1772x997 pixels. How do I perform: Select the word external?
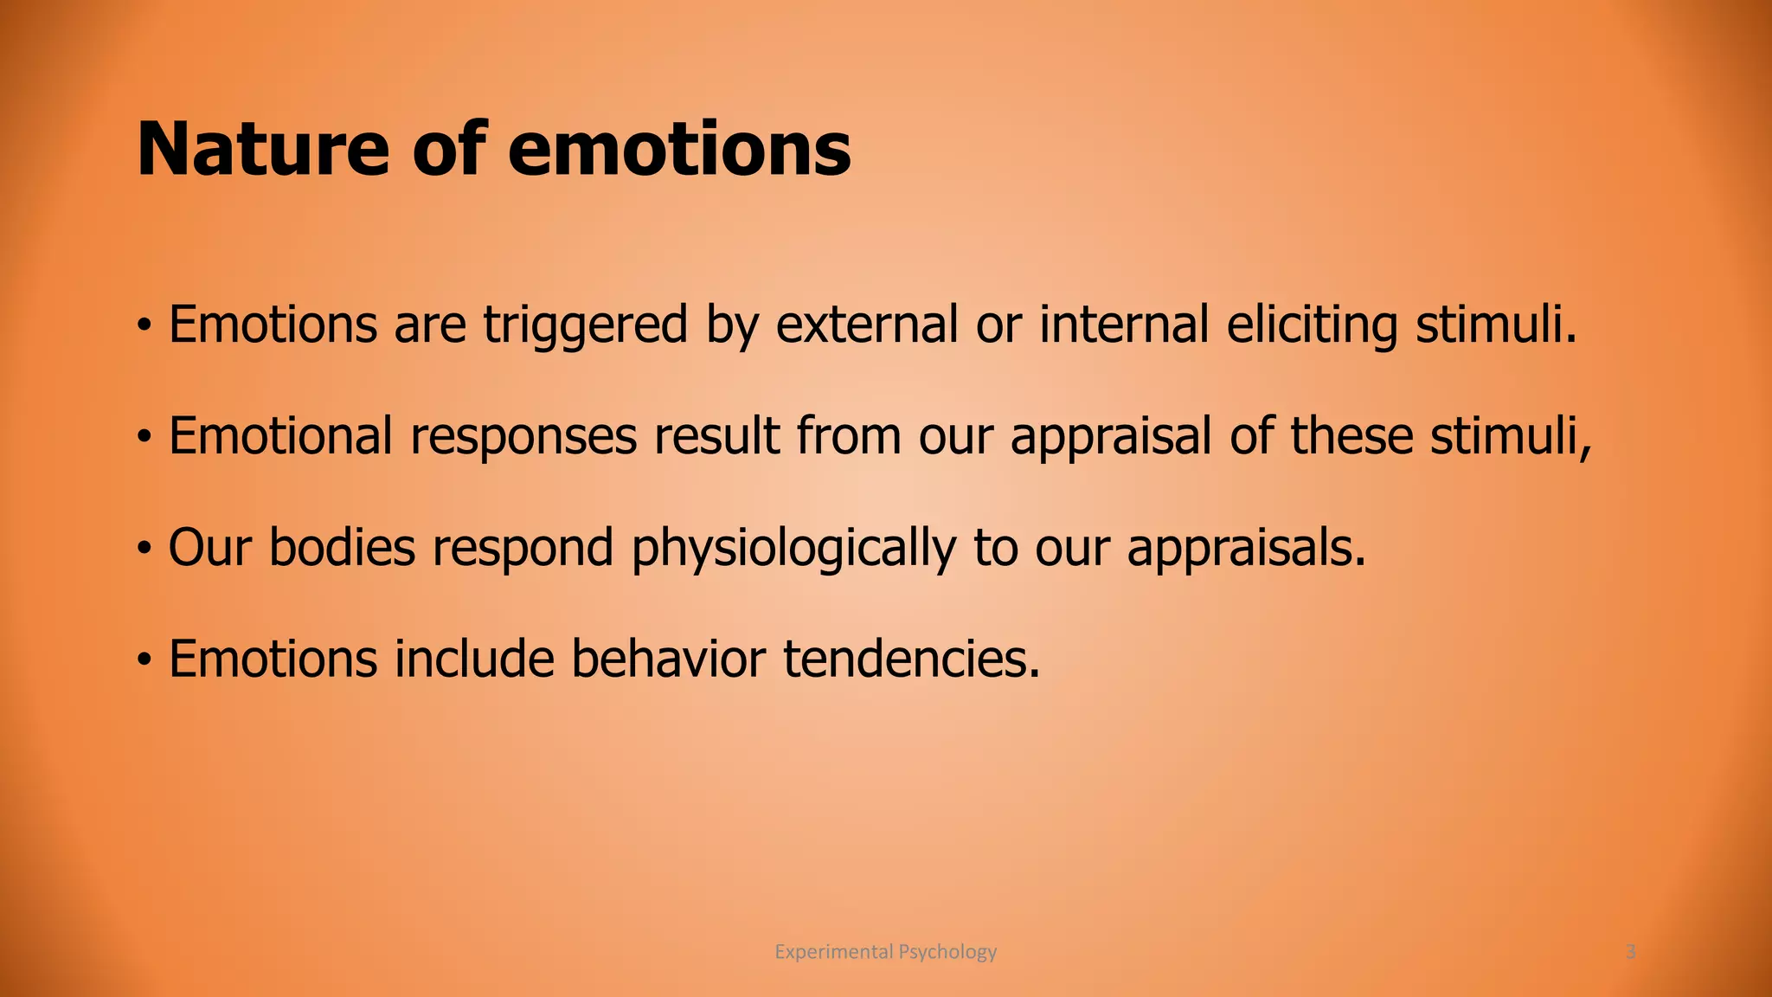[866, 325]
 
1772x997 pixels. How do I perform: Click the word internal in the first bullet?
[1123, 325]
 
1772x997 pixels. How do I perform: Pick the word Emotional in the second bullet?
[280, 435]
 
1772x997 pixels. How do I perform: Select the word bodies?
[342, 548]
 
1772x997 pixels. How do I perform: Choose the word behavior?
[668, 659]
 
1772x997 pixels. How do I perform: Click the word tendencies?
[910, 659]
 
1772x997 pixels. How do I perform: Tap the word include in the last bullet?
[474, 659]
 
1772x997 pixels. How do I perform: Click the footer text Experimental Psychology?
[885, 952]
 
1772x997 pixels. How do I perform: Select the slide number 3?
[1630, 952]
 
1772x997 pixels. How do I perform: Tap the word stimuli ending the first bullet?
[1495, 325]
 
